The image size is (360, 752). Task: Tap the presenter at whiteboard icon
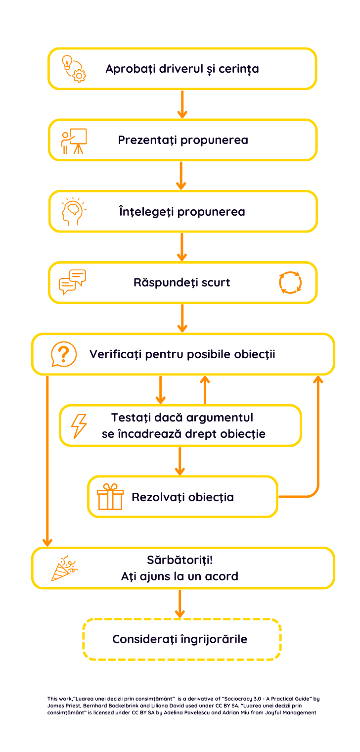coord(74,141)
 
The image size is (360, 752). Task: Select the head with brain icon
coord(73,212)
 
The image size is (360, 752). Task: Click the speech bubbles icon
coord(72,282)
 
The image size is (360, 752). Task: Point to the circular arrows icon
coord(290,282)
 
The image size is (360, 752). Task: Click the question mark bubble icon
coord(64,354)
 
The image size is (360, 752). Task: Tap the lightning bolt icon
coord(79,425)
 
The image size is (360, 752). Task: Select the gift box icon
coord(110,497)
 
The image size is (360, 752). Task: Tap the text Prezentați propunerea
coord(183,140)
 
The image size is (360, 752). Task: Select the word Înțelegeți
coord(147,212)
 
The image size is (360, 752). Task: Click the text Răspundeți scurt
coord(181,283)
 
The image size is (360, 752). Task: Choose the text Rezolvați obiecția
coord(182,497)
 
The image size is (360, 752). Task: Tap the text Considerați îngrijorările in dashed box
coord(180,639)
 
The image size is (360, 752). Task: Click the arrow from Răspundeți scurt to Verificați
coord(182,318)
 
